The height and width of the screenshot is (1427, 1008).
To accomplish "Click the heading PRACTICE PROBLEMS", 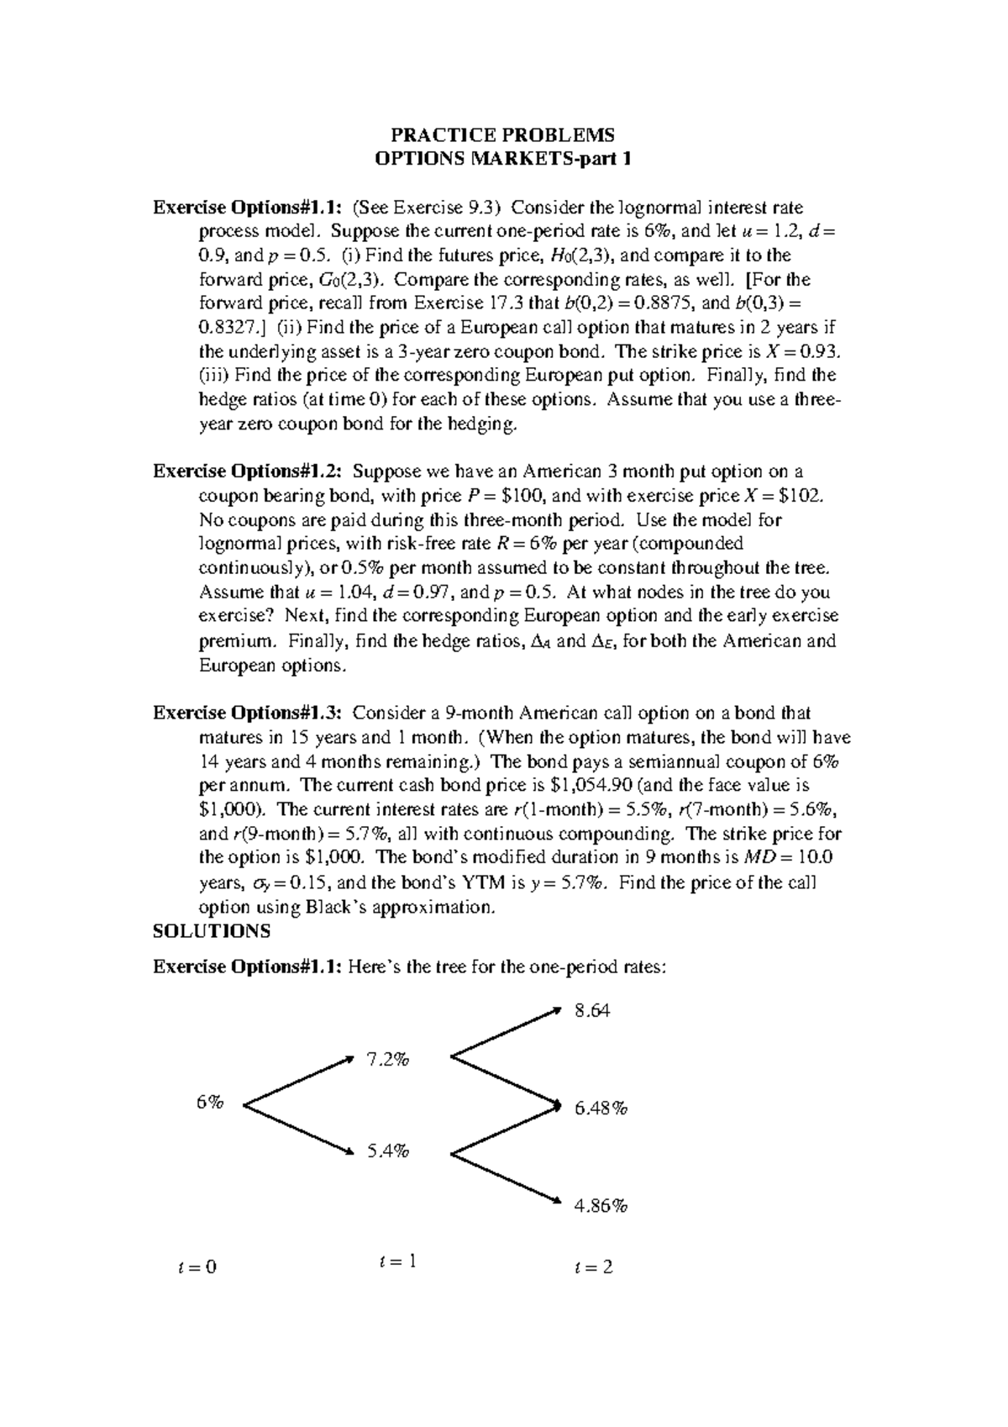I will point(503,135).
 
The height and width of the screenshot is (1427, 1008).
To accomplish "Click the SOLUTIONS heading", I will point(212,930).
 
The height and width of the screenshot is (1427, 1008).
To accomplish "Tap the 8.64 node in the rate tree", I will point(592,1011).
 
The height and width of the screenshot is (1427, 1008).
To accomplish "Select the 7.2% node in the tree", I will point(387,1060).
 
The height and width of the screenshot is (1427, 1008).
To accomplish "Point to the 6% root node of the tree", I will point(210,1103).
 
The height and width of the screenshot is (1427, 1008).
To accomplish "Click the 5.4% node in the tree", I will point(387,1151).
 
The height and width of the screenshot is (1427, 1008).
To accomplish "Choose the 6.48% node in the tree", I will point(601,1108).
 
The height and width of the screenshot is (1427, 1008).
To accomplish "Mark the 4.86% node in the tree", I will point(601,1206).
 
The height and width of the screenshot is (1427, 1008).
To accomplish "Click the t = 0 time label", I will point(198,1266).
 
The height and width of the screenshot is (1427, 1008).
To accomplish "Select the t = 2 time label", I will point(593,1266).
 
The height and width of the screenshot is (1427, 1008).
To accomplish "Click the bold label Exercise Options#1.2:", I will point(249,471).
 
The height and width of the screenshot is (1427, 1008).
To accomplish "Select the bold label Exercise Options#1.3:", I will point(249,713).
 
